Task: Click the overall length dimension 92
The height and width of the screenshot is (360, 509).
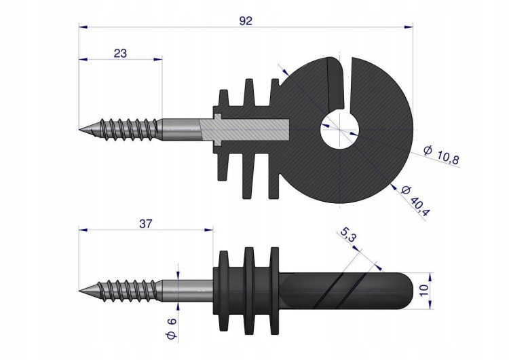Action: tap(246, 21)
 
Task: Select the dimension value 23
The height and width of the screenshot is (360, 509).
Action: tap(120, 53)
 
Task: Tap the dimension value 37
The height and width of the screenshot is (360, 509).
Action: tap(145, 224)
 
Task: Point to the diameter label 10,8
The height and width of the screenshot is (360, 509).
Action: tap(442, 155)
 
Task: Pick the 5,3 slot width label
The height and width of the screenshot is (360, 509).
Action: tap(348, 234)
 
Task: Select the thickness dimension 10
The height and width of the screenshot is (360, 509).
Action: tap(424, 289)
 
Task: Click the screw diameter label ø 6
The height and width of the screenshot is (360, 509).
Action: tap(172, 329)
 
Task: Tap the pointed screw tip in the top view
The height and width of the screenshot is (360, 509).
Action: tap(79, 129)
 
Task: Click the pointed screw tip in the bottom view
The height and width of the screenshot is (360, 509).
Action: tap(79, 290)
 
